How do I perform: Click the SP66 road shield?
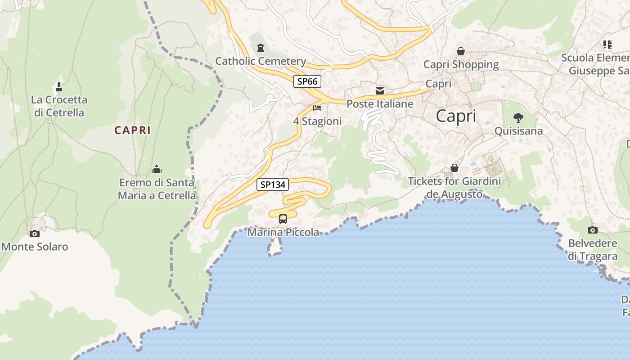click(x=307, y=81)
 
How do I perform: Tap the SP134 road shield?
click(x=273, y=184)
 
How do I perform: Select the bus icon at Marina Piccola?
click(x=283, y=219)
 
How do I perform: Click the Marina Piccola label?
click(x=283, y=232)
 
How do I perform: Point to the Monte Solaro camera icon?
click(x=35, y=234)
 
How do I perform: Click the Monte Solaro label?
click(x=35, y=247)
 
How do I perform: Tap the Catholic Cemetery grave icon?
click(x=261, y=48)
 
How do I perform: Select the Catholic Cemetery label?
click(x=261, y=61)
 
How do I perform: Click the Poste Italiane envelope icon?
click(x=380, y=91)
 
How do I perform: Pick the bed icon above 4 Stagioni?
click(x=317, y=108)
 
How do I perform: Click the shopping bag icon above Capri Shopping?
click(x=461, y=52)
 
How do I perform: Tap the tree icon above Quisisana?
click(x=518, y=118)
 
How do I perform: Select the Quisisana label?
click(x=518, y=131)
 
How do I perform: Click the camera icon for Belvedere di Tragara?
click(x=593, y=230)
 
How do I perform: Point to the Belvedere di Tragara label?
click(x=593, y=250)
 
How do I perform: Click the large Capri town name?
click(x=456, y=116)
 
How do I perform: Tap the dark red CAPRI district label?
click(x=132, y=130)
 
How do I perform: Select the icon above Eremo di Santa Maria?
click(x=157, y=170)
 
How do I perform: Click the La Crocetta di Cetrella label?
click(x=59, y=106)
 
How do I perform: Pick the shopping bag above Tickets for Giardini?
click(x=454, y=168)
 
